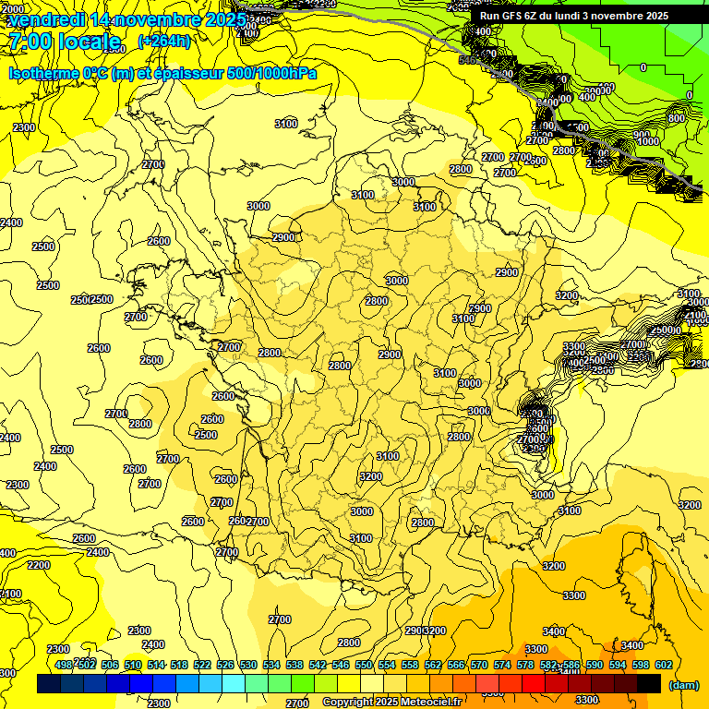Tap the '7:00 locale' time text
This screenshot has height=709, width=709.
point(65,41)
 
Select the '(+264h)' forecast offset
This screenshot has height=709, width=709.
point(164,41)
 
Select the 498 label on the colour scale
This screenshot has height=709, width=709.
point(64,665)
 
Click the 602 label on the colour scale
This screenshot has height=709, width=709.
point(663,665)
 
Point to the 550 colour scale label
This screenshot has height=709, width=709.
point(364,665)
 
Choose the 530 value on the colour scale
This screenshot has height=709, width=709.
point(248,665)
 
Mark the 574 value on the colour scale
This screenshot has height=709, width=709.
point(502,665)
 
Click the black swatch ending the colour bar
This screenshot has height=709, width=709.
point(649,683)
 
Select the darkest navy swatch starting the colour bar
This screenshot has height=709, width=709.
point(49,683)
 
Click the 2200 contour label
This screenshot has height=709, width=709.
point(39,565)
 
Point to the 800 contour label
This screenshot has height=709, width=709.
point(677,118)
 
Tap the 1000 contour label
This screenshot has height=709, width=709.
point(648,141)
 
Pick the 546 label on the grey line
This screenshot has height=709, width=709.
point(468,60)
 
